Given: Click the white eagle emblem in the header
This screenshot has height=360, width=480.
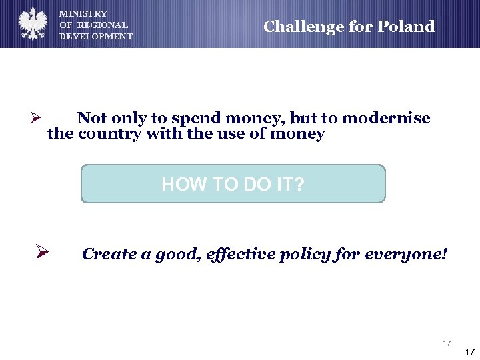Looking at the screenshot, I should pyautogui.click(x=32, y=24).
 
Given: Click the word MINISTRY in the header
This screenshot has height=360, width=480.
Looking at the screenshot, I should pyautogui.click(x=83, y=13).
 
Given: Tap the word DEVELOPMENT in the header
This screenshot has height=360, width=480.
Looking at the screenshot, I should pyautogui.click(x=96, y=36).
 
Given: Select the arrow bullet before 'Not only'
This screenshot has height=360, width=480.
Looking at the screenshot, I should pyautogui.click(x=36, y=119).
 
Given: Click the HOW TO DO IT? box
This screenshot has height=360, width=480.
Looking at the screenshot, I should pyautogui.click(x=233, y=184).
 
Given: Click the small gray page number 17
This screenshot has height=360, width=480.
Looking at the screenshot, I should pyautogui.click(x=447, y=343).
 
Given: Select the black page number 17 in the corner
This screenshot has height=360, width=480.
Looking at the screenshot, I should pyautogui.click(x=469, y=352).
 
